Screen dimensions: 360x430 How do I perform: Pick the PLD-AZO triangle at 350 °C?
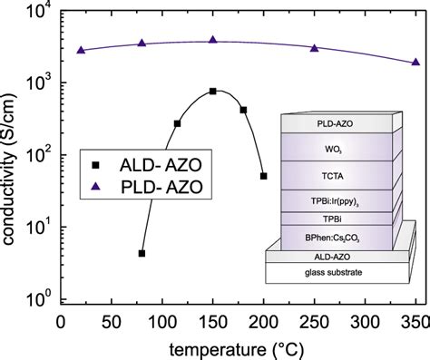[x=415, y=62]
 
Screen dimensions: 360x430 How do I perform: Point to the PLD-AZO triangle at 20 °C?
[x=81, y=50]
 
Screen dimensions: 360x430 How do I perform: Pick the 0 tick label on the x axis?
[x=61, y=322]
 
